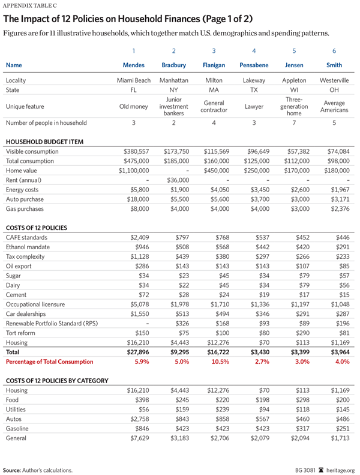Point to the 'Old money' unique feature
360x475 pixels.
click(134, 106)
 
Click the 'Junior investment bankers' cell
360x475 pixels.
click(173, 106)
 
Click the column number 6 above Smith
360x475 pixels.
click(334, 51)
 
